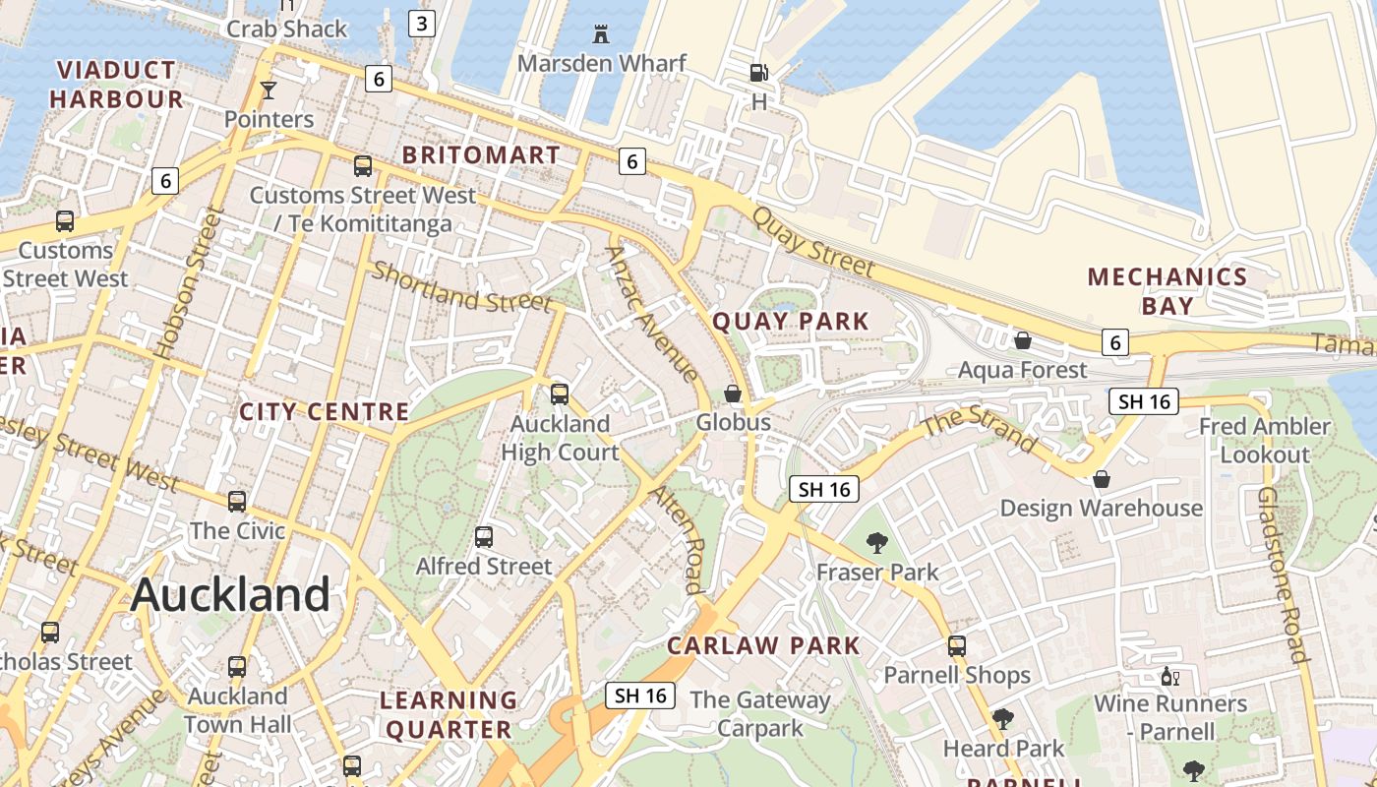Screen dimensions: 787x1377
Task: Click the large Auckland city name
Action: (x=231, y=594)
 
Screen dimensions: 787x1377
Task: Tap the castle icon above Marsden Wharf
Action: (x=601, y=34)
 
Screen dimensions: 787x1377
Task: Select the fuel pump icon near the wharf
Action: (x=758, y=73)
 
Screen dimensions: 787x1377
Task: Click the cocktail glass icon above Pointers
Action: (x=268, y=91)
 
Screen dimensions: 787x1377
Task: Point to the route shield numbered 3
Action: (x=421, y=24)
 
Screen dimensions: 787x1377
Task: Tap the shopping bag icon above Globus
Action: (x=733, y=393)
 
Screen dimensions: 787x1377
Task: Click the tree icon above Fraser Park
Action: (x=876, y=542)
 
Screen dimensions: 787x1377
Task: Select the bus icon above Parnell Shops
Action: (x=956, y=646)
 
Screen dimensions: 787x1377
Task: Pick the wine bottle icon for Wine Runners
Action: (x=1169, y=676)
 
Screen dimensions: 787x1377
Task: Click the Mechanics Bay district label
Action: (x=1167, y=290)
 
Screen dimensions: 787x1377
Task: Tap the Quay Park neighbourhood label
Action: (x=791, y=322)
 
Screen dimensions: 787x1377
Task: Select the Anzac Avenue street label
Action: (x=652, y=314)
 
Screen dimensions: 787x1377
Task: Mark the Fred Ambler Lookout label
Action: (x=1265, y=440)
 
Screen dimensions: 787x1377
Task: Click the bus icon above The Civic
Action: (x=237, y=502)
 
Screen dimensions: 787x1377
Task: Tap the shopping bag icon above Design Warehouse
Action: (x=1102, y=479)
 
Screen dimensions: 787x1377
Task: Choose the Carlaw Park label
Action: (x=763, y=646)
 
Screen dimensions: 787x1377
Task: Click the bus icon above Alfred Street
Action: (x=484, y=537)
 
